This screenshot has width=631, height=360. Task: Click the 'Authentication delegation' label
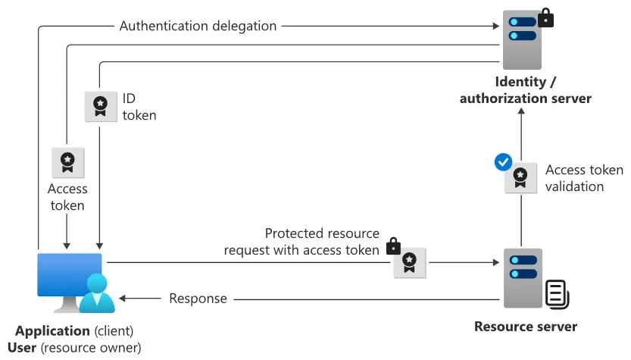point(198,27)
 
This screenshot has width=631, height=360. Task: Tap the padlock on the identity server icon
point(545,17)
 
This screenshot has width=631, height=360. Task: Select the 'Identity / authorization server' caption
point(526,90)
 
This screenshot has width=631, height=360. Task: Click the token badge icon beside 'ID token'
point(101,107)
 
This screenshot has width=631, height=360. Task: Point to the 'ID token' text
point(139,107)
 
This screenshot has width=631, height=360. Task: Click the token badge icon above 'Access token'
point(67,163)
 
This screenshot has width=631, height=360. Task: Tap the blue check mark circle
point(503,162)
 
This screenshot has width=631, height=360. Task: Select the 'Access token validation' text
point(584,178)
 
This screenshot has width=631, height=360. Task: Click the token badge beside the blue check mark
point(520,178)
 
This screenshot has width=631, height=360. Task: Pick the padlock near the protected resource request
point(394,246)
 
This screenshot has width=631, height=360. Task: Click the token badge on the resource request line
point(410,263)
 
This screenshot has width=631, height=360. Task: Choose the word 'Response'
point(198,299)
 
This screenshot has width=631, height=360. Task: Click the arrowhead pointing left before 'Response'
point(123,299)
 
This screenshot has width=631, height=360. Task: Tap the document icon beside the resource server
point(558,294)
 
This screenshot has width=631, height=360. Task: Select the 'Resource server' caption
point(526,326)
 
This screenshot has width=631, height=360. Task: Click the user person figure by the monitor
point(97,293)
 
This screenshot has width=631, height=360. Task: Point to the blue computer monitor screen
point(70,274)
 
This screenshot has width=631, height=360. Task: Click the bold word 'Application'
point(52,330)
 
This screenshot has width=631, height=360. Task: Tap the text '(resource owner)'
point(91,348)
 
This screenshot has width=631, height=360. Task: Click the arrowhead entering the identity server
point(496,27)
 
